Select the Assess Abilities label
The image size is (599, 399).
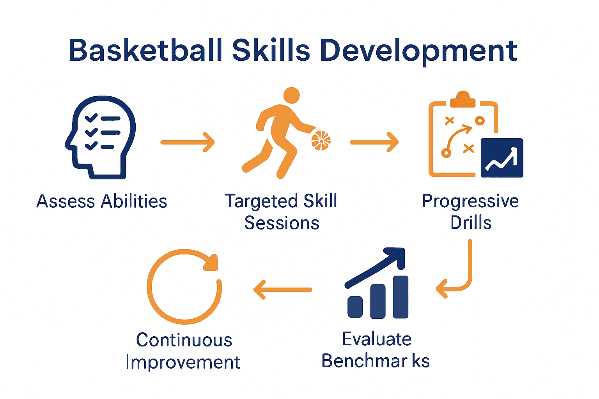pyautogui.click(x=101, y=201)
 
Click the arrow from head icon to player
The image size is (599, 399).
pyautogui.click(x=188, y=142)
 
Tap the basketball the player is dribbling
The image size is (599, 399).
pyautogui.click(x=321, y=140)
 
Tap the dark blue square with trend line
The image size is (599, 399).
pyautogui.click(x=502, y=158)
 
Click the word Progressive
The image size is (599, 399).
pyautogui.click(x=470, y=201)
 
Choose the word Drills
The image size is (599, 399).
pyautogui.click(x=471, y=223)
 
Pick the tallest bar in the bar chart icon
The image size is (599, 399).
pyautogui.click(x=401, y=297)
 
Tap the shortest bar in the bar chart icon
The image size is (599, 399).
pyautogui.click(x=355, y=307)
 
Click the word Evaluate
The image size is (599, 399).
pyautogui.click(x=377, y=339)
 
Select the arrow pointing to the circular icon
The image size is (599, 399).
pyautogui.click(x=283, y=290)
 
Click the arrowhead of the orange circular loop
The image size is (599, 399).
pyautogui.click(x=211, y=262)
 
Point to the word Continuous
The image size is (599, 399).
pyautogui.click(x=184, y=340)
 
